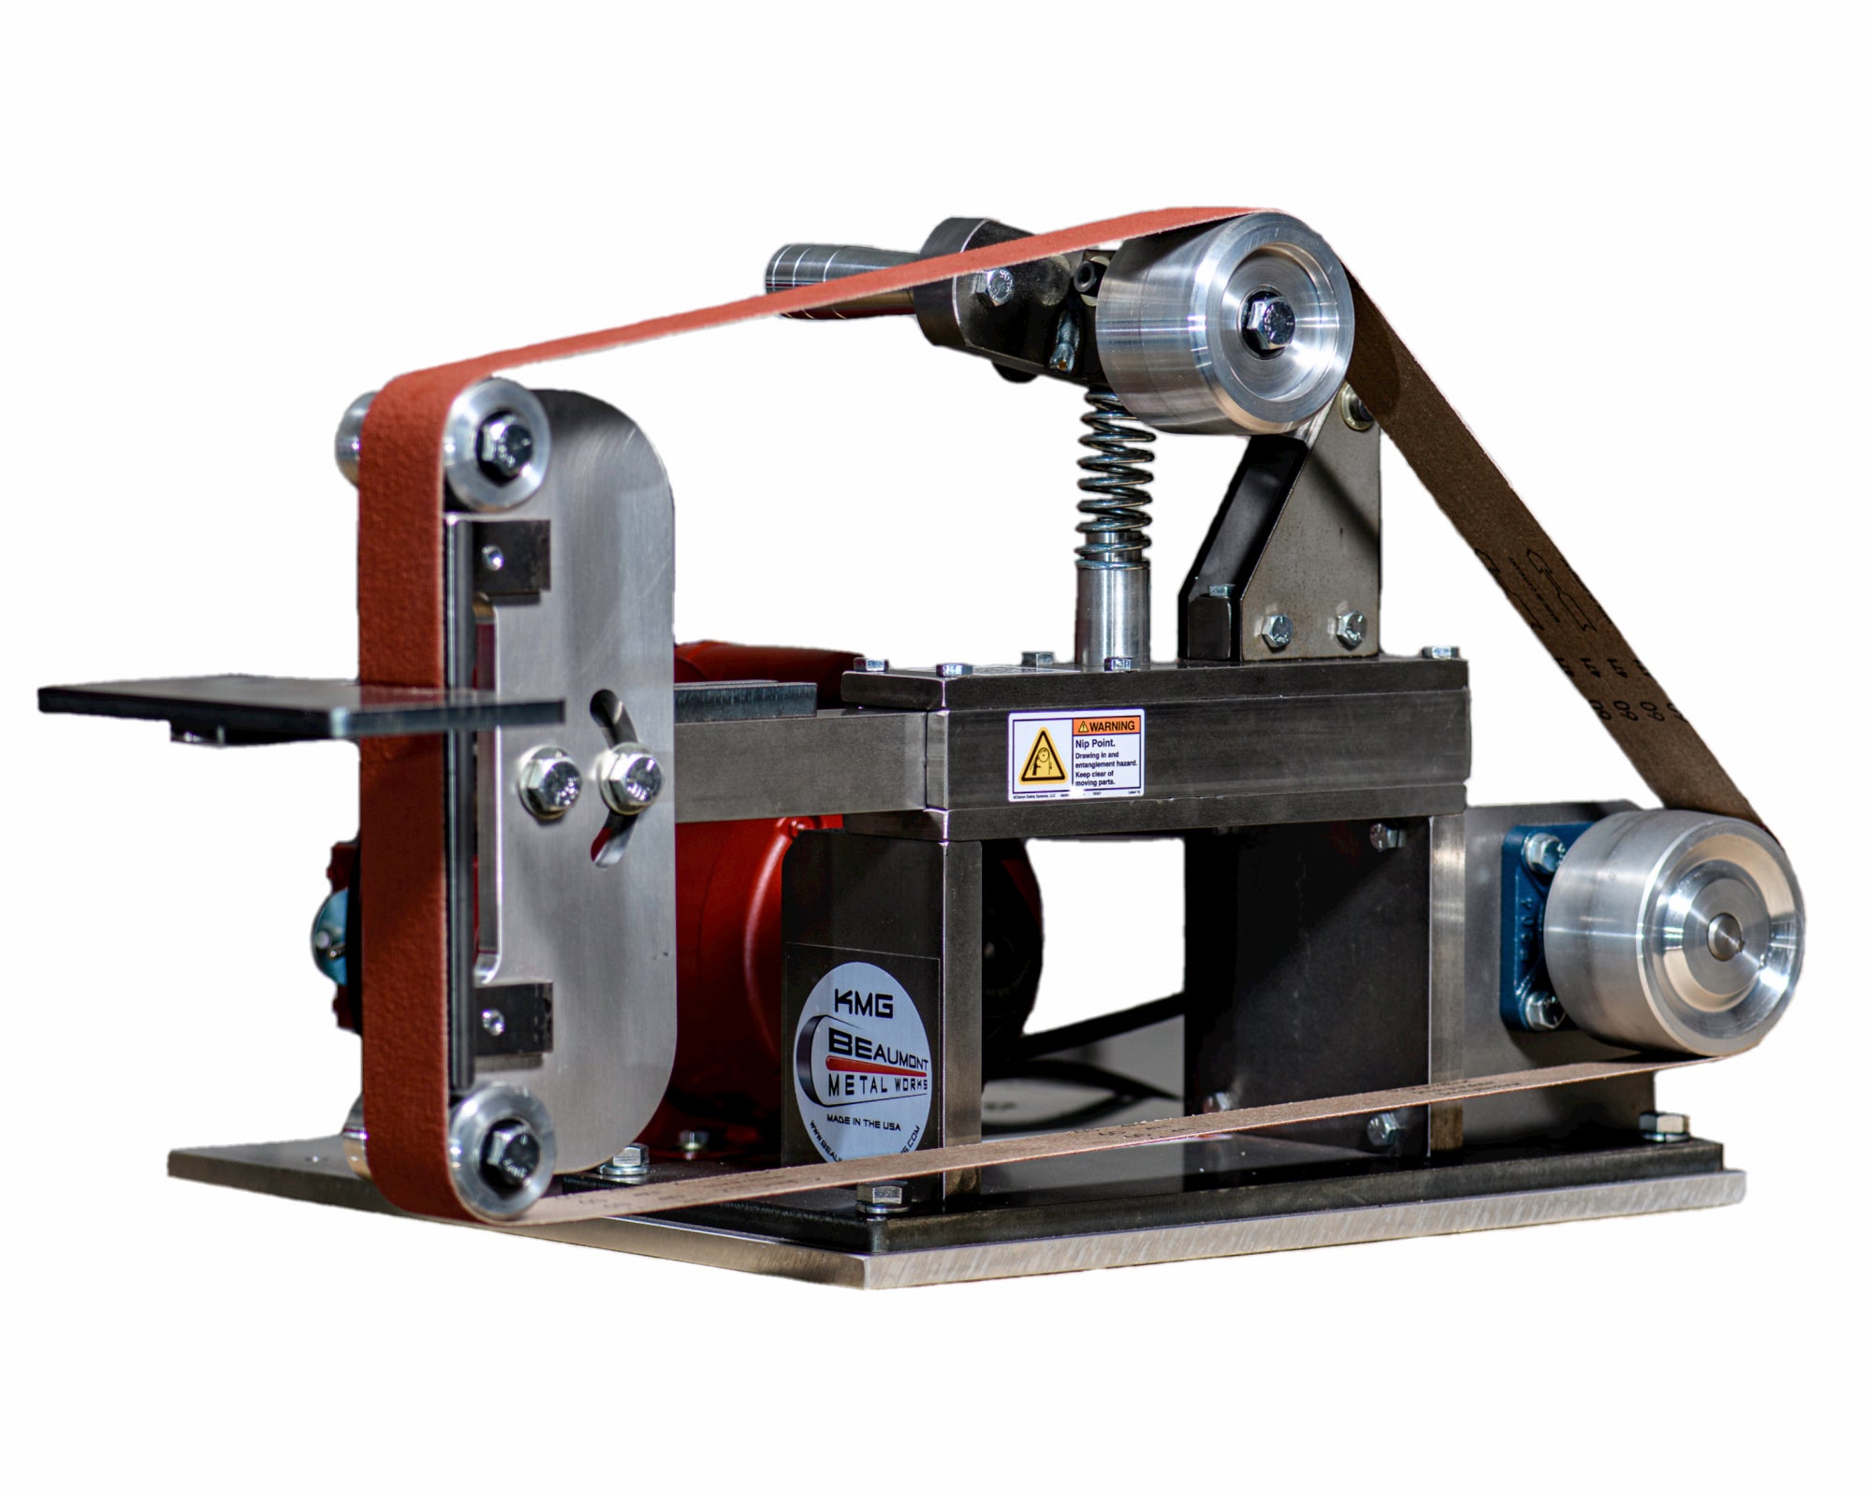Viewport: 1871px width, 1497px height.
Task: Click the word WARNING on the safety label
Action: [1111, 725]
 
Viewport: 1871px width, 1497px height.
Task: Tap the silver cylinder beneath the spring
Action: [1110, 613]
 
